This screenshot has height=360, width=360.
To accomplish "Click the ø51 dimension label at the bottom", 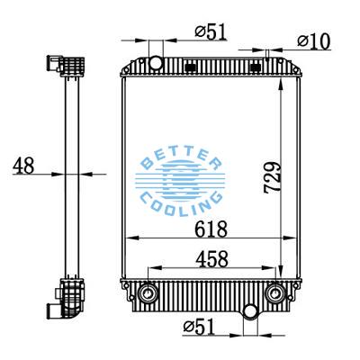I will click(x=199, y=326).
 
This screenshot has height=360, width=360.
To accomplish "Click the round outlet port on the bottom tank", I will click(x=249, y=312).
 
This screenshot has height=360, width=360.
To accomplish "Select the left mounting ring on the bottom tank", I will click(x=148, y=292).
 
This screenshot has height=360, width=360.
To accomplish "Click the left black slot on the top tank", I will click(x=190, y=66).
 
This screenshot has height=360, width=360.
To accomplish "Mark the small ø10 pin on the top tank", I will click(x=267, y=59).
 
